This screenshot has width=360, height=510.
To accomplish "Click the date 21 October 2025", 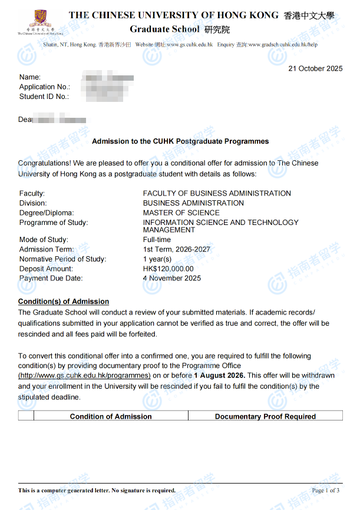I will (315, 68).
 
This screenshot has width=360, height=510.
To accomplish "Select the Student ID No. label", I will (44, 96).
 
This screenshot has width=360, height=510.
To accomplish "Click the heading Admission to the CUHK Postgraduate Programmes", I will (180, 141).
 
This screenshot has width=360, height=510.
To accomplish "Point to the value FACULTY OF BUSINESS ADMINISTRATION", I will (217, 193).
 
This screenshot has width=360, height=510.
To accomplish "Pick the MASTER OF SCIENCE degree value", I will (181, 213).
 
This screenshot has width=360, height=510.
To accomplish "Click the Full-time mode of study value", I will (157, 240).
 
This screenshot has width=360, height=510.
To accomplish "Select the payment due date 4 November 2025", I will (172, 278).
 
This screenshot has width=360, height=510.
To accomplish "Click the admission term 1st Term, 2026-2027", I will (176, 249).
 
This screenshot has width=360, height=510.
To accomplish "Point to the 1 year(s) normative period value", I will (157, 259).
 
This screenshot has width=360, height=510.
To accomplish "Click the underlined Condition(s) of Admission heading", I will (64, 302).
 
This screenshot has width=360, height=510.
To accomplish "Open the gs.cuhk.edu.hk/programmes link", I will (84, 375).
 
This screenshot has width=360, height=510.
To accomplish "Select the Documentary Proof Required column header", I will (265, 416).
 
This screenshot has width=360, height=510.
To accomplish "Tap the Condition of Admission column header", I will (111, 416).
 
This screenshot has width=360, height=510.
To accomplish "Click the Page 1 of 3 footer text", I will (325, 490).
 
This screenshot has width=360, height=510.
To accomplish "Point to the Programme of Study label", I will (54, 223).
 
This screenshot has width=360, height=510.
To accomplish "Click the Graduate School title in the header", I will (165, 29).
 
